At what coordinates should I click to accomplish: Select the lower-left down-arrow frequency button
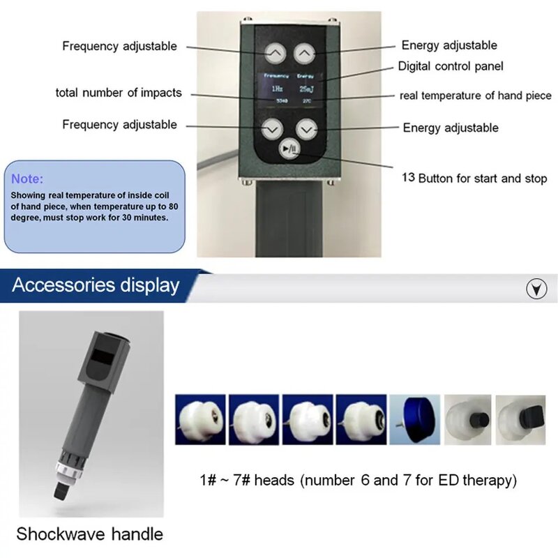point(271,128)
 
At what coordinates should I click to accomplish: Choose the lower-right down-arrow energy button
point(306,128)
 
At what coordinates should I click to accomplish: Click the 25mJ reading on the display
point(306,89)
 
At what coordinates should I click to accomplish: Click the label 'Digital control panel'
point(451,67)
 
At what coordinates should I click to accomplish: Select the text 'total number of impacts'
point(119,93)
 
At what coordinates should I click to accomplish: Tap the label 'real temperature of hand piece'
point(475,95)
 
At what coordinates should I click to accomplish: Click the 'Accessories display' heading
point(96,285)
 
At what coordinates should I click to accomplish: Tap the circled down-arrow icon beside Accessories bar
point(535,286)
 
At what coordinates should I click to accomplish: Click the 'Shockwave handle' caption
point(89,535)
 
